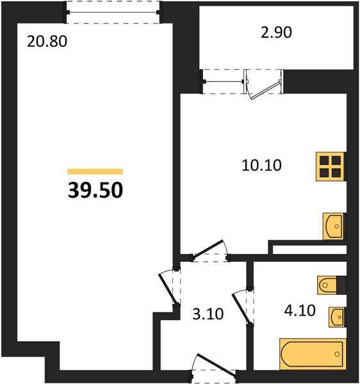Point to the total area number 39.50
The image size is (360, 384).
point(95,190)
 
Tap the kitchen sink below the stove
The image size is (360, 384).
point(332,226)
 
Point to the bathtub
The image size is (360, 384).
point(311,355)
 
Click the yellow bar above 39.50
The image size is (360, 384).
point(95,172)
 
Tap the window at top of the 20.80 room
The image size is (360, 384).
point(114,12)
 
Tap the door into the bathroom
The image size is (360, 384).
point(243,307)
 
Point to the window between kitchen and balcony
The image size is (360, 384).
point(224,81)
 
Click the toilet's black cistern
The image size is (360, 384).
point(341,284)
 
